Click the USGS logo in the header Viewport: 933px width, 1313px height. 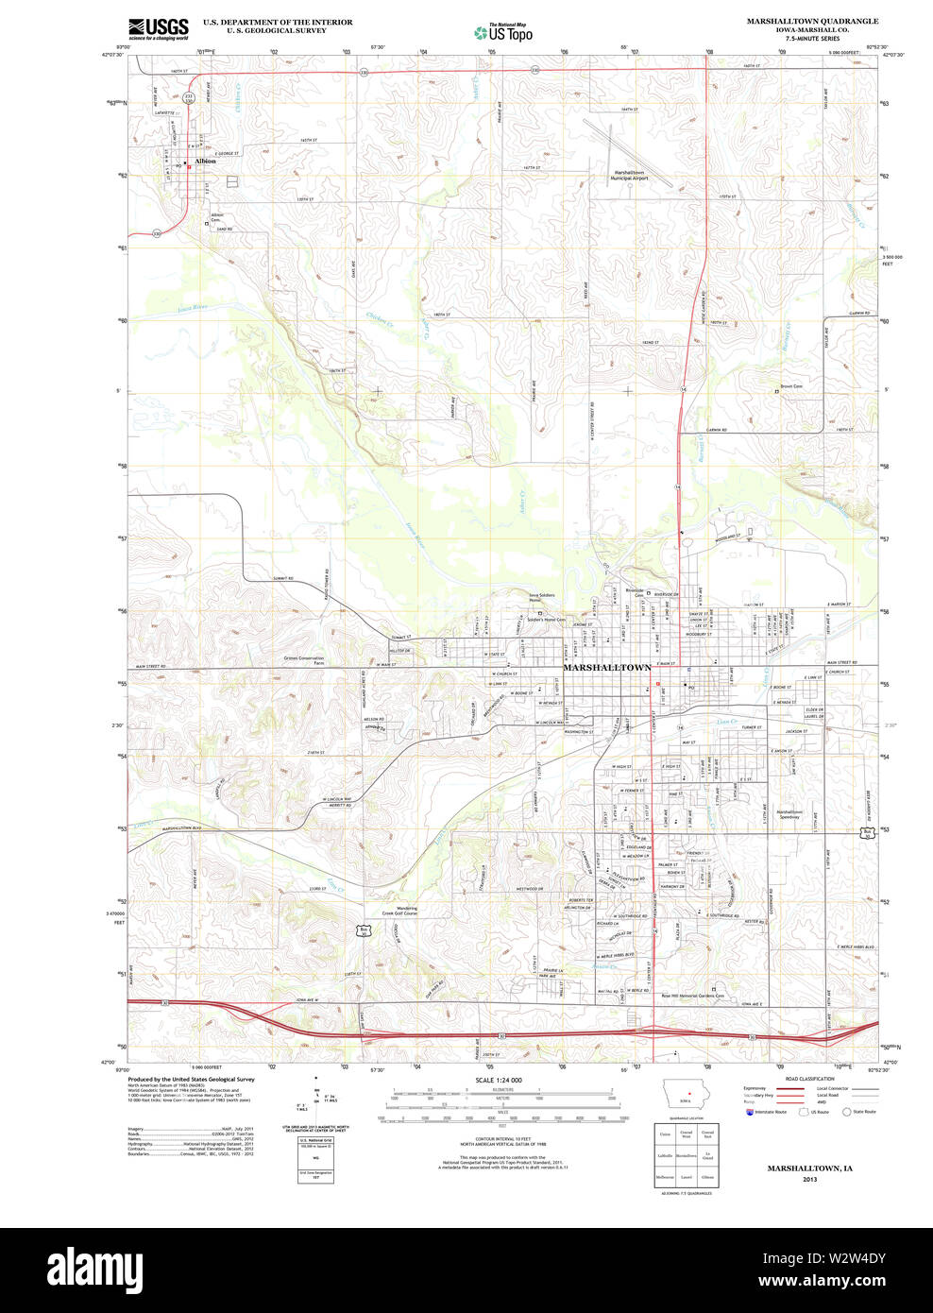[x=159, y=27]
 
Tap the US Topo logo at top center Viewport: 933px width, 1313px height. [x=503, y=31]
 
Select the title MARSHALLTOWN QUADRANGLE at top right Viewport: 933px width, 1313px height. [x=812, y=21]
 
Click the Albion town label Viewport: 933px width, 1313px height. [x=205, y=161]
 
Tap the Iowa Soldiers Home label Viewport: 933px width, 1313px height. [x=541, y=598]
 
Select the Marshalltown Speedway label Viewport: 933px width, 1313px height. [x=789, y=814]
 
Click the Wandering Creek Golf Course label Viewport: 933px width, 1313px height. [x=399, y=911]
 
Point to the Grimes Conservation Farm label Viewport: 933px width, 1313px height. [x=303, y=660]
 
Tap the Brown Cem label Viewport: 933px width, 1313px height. [x=790, y=386]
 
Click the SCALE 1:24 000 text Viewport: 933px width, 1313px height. [x=499, y=1080]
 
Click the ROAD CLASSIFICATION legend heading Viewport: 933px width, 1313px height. [x=809, y=1079]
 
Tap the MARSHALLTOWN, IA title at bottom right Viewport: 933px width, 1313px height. [x=809, y=1168]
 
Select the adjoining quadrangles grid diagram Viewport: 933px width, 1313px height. [x=687, y=1155]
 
